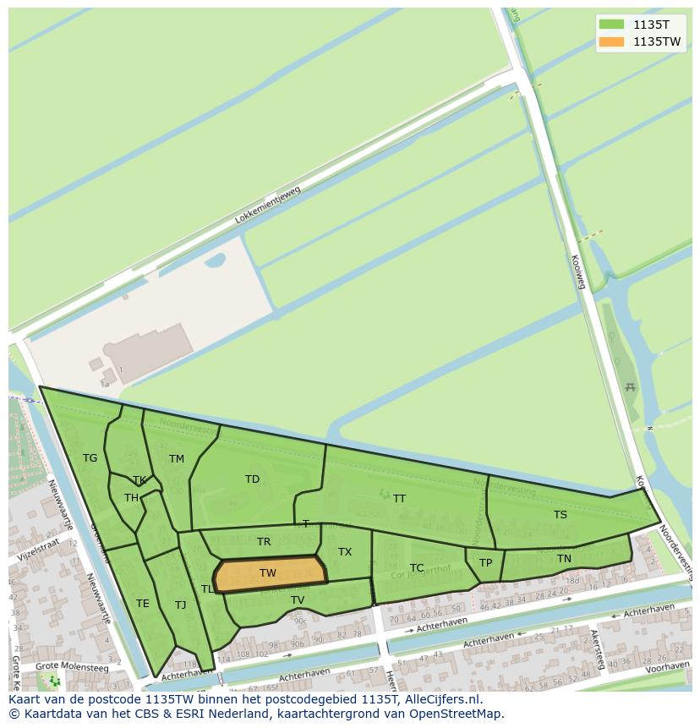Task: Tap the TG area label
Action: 90,458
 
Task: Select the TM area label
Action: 176,459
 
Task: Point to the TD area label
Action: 252,479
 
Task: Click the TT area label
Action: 399,499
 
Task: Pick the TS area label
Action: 560,515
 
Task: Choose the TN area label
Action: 564,559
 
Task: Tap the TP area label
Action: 485,563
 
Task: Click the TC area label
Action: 417,568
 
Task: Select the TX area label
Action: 345,552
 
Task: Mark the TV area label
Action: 298,600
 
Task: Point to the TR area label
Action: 264,542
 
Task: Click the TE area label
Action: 143,604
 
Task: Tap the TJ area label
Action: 180,605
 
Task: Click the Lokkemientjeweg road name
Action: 267,205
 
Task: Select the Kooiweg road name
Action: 579,272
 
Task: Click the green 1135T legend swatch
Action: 610,24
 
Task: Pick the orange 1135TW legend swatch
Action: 610,41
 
